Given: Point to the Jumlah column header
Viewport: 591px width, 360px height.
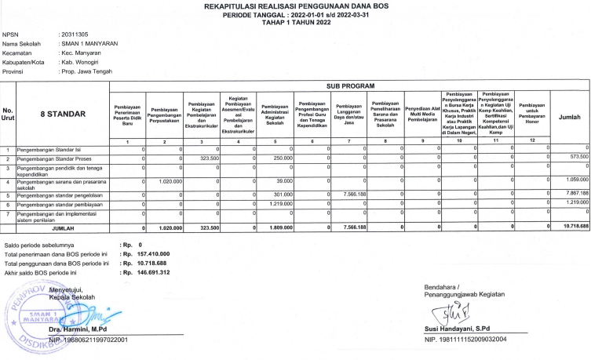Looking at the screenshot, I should (x=569, y=115).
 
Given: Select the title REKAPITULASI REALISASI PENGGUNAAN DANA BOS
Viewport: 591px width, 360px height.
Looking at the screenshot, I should (x=295, y=6).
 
